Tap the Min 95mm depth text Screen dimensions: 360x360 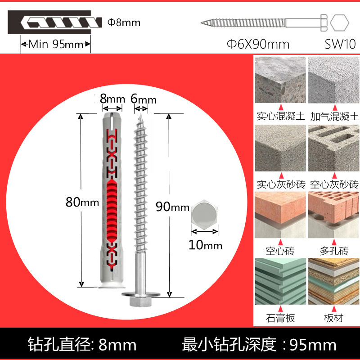(x=56, y=45)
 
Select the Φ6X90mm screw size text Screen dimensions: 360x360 (x=258, y=44)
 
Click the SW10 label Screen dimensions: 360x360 (x=340, y=44)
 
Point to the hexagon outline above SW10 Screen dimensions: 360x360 (x=339, y=22)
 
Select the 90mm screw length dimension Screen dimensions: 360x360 (x=172, y=207)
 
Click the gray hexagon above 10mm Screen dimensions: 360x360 (x=205, y=216)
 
